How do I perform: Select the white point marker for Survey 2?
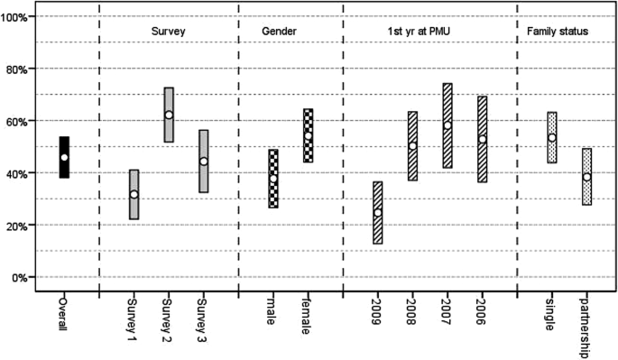click(x=169, y=115)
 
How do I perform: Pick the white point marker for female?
click(x=308, y=136)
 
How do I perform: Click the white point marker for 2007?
click(x=447, y=125)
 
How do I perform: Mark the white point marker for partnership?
click(x=586, y=177)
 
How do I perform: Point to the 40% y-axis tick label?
click(x=21, y=173)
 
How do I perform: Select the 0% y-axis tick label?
click(x=23, y=277)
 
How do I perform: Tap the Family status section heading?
click(x=558, y=32)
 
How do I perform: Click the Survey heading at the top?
click(x=169, y=32)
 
